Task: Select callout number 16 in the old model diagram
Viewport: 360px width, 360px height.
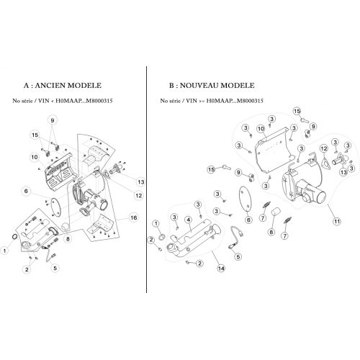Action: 133,217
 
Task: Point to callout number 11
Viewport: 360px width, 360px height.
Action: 337,221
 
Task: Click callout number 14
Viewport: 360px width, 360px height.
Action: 221,268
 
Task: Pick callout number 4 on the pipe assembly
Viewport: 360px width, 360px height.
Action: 189,220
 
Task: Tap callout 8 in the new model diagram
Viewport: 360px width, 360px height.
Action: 271,232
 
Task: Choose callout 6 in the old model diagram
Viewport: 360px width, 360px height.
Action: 26,192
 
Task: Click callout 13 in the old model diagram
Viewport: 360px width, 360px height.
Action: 141,182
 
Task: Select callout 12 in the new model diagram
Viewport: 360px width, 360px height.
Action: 324,148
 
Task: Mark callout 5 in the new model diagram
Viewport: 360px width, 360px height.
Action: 238,257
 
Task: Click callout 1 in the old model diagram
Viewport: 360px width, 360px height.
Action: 4,251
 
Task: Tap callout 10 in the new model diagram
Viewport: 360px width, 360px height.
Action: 261,129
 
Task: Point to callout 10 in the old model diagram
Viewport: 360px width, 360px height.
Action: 35,157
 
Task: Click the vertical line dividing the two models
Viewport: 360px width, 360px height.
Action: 146,179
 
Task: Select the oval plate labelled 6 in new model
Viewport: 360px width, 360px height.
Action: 246,199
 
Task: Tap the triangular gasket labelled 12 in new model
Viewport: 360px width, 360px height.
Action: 325,163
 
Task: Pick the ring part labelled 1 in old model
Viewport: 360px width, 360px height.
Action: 14,237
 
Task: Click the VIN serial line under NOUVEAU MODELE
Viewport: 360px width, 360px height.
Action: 212,101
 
